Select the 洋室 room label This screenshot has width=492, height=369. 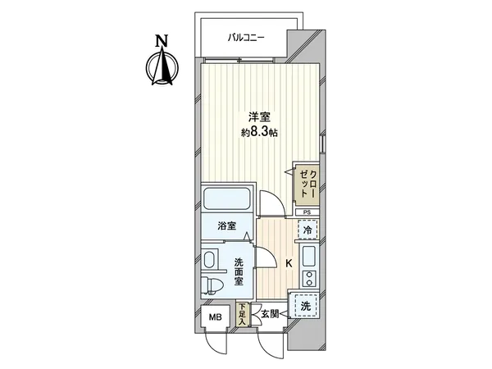(x=249, y=116)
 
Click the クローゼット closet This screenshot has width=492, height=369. (x=307, y=184)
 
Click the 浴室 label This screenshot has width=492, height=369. (x=227, y=224)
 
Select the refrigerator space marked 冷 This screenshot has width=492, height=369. (x=306, y=231)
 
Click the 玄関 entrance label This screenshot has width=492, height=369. (x=270, y=312)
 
